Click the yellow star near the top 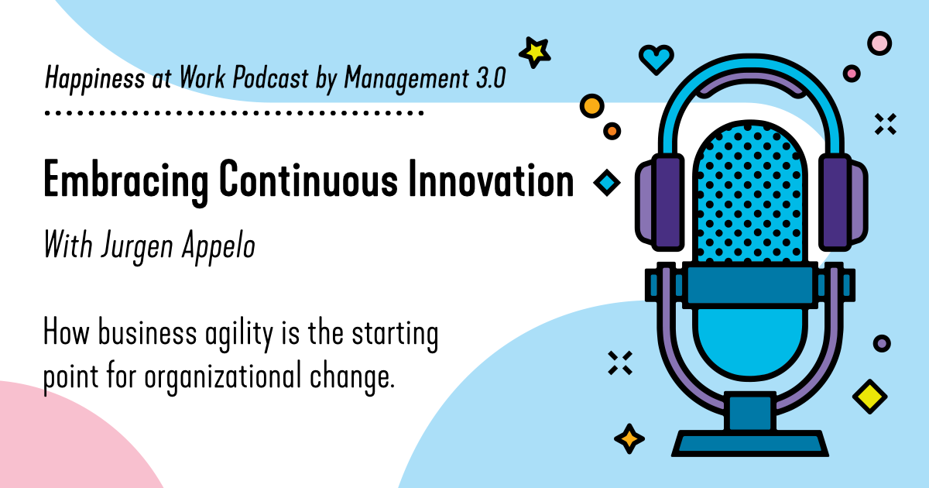pyautogui.click(x=535, y=51)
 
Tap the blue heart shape pyautogui.click(x=656, y=59)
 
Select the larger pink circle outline pyautogui.click(x=879, y=43)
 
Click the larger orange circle pyautogui.click(x=591, y=105)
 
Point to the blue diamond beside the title pyautogui.click(x=607, y=183)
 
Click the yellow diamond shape pyautogui.click(x=869, y=396)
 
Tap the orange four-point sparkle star pyautogui.click(x=629, y=438)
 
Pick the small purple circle pyautogui.click(x=882, y=342)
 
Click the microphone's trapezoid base pyautogui.click(x=749, y=444)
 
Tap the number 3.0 pyautogui.click(x=491, y=77)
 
